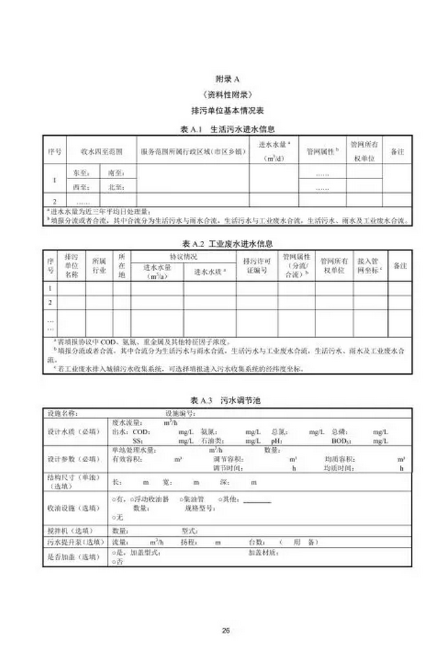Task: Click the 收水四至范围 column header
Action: pos(101,151)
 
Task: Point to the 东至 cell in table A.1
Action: pos(81,173)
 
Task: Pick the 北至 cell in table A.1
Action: pos(116,185)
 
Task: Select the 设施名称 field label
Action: pos(63,412)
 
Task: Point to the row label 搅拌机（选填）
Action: pos(71,530)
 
